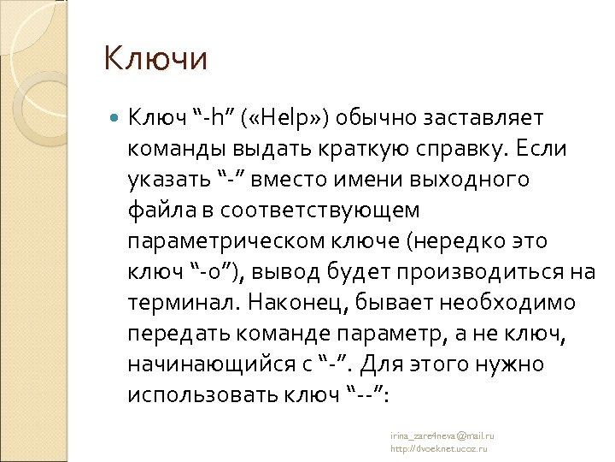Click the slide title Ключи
tap(155, 59)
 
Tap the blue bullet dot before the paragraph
tap(116, 115)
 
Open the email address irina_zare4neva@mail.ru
tap(442, 435)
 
